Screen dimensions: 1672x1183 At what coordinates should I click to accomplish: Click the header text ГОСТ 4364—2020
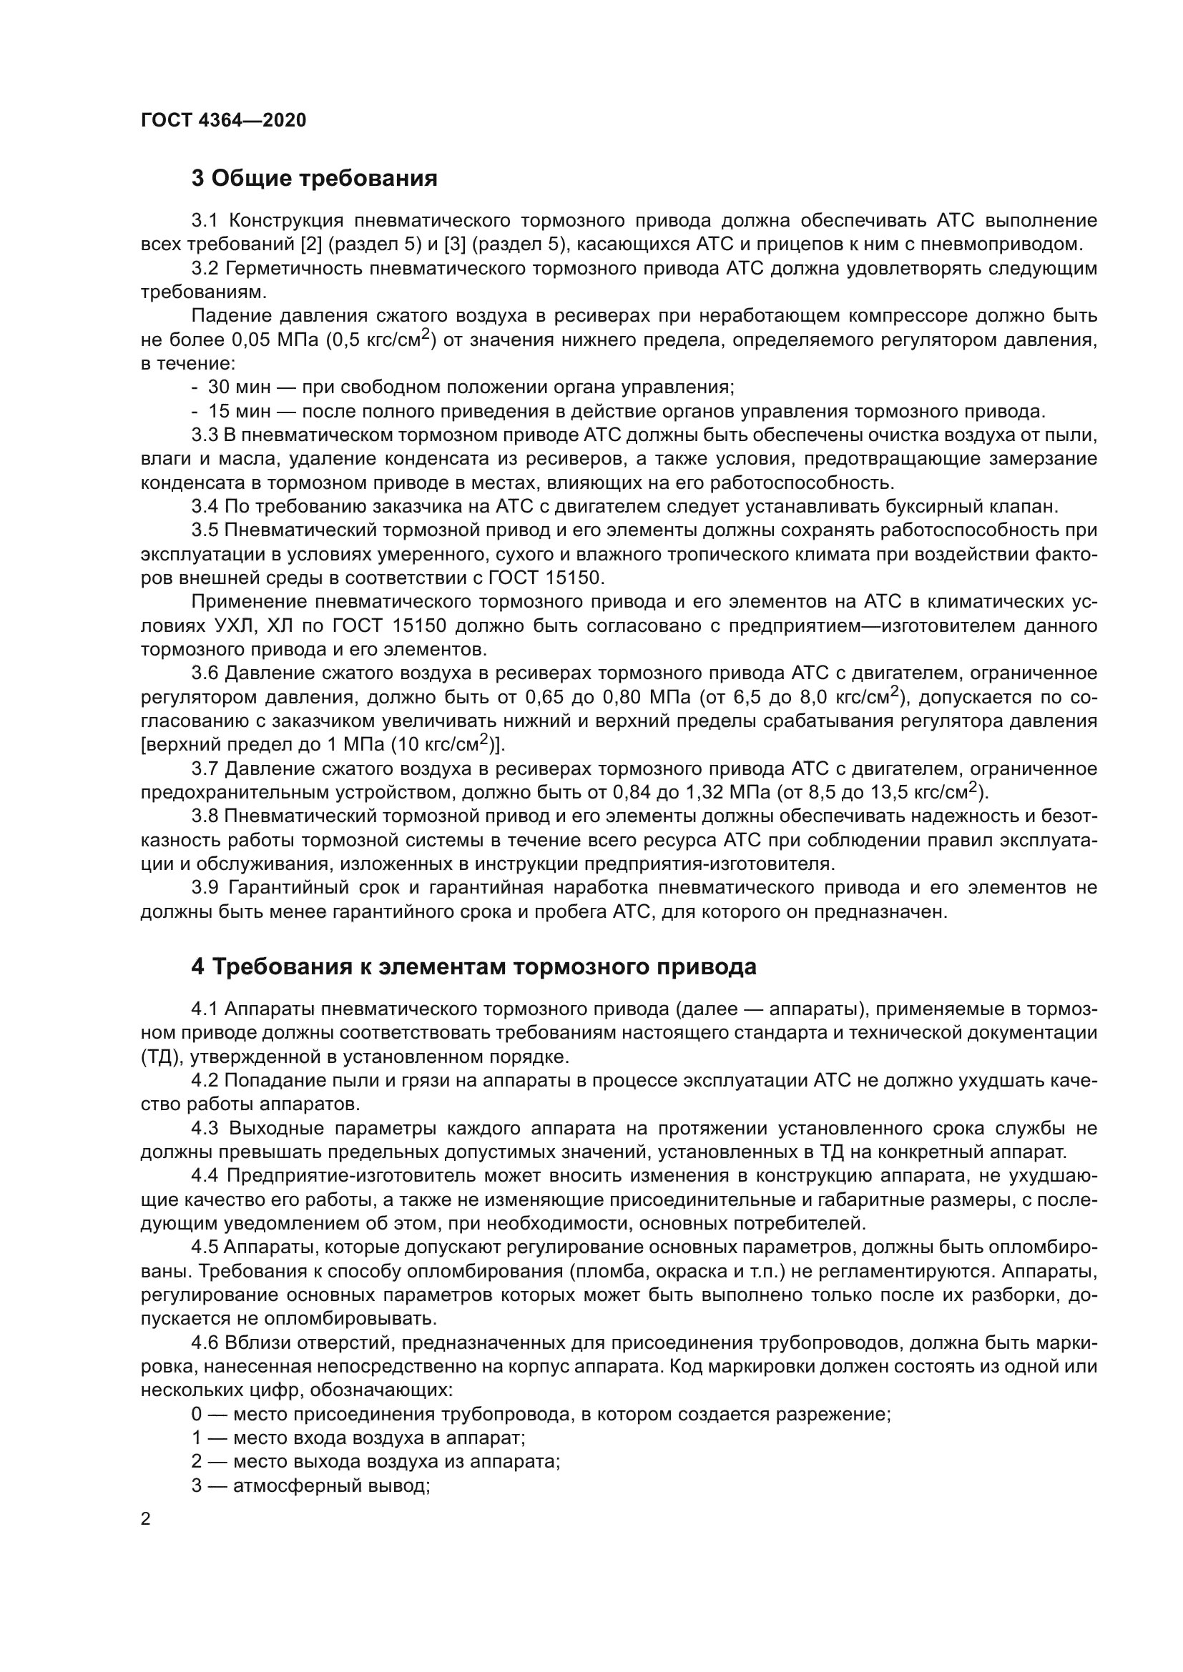pos(223,121)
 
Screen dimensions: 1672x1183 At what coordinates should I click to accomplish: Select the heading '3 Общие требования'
pos(314,179)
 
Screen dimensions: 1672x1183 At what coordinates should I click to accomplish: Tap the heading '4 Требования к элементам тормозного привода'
pos(473,967)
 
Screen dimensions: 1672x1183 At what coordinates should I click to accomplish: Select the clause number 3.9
pos(205,889)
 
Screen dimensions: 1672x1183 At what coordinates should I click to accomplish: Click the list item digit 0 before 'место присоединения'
pos(197,1415)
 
